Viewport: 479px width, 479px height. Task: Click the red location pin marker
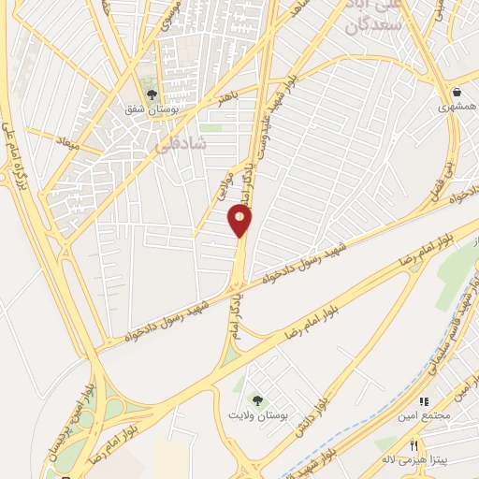point(240,221)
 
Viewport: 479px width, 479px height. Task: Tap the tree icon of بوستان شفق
point(152,94)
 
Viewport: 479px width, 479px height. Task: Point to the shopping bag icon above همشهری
point(457,93)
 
